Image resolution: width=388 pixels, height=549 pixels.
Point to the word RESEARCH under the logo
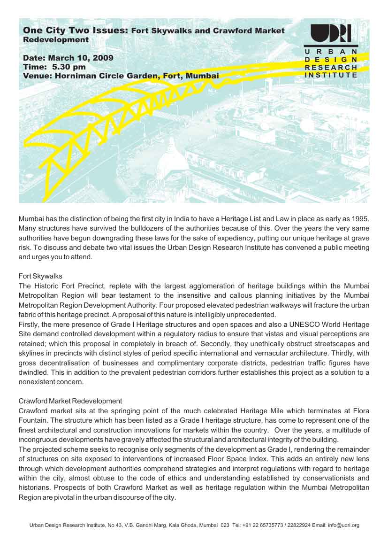[331, 67]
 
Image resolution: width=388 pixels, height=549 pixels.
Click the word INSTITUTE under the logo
[331, 75]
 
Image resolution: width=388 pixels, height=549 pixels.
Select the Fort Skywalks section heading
[40, 276]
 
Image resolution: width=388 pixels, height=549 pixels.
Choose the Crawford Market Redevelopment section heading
[70, 401]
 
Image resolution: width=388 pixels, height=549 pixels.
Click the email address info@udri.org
[345, 526]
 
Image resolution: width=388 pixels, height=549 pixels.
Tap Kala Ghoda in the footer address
[183, 526]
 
